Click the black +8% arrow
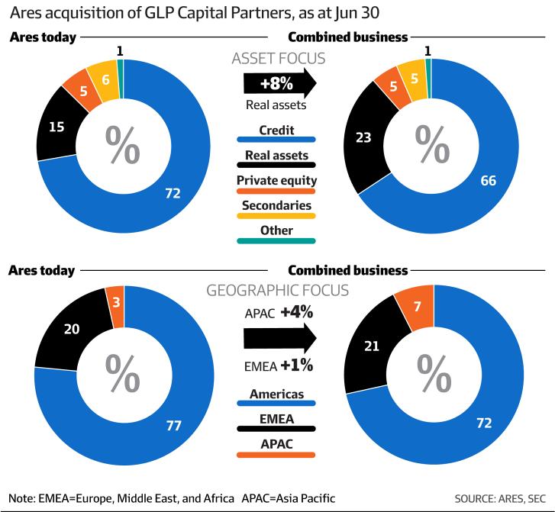[279, 83]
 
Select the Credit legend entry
[276, 133]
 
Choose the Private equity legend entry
[276, 183]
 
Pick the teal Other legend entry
[276, 233]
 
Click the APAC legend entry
[276, 447]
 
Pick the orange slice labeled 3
[116, 305]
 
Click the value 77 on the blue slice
[174, 425]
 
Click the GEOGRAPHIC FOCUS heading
[278, 291]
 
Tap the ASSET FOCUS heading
[279, 59]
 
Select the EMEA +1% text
[279, 365]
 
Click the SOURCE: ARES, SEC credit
[500, 498]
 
